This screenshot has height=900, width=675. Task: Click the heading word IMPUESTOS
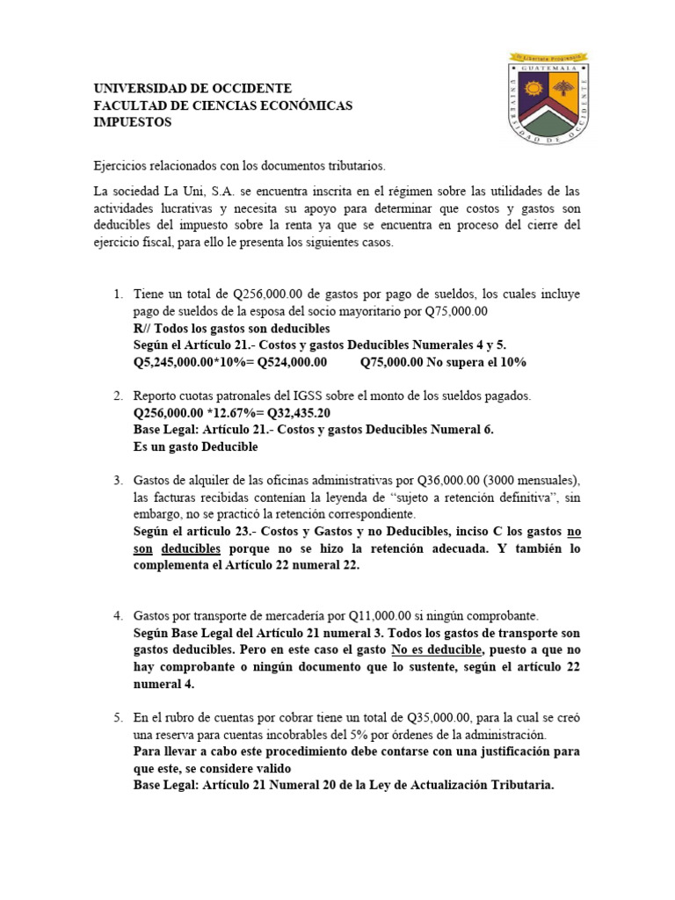(133, 122)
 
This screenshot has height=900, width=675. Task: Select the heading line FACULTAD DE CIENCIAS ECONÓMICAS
(222, 105)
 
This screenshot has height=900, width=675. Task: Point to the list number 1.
(119, 293)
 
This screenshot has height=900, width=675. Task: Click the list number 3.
(119, 480)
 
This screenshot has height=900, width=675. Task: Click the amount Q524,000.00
(287, 361)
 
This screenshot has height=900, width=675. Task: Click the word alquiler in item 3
(199, 480)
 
